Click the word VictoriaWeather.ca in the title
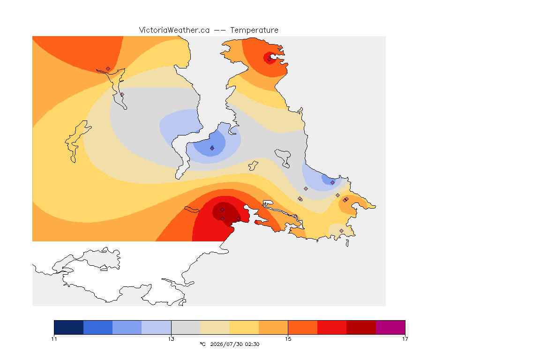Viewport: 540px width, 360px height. (174, 30)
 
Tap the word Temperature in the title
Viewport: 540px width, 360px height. (254, 30)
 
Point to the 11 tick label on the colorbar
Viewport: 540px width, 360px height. (54, 339)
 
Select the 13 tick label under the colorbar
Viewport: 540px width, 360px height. (171, 339)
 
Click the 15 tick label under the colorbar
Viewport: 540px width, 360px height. (288, 339)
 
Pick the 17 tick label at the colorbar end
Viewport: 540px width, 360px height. (405, 339)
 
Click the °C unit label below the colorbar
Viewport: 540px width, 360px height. (203, 344)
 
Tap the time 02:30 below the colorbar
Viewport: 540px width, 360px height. (252, 344)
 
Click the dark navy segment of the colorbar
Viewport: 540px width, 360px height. (69, 327)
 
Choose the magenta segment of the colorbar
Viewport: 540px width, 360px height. (390, 327)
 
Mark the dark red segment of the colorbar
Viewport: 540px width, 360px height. (361, 327)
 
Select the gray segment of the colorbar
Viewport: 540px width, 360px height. (186, 327)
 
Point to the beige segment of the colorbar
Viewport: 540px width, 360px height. (215, 327)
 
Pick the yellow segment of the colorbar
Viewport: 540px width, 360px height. (244, 327)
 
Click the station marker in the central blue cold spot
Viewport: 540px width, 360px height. (212, 148)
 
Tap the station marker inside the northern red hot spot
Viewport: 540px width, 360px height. (270, 59)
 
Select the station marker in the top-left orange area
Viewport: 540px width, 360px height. (108, 69)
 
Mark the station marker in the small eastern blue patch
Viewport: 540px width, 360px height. (332, 183)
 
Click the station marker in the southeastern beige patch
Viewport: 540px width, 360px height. (341, 231)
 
